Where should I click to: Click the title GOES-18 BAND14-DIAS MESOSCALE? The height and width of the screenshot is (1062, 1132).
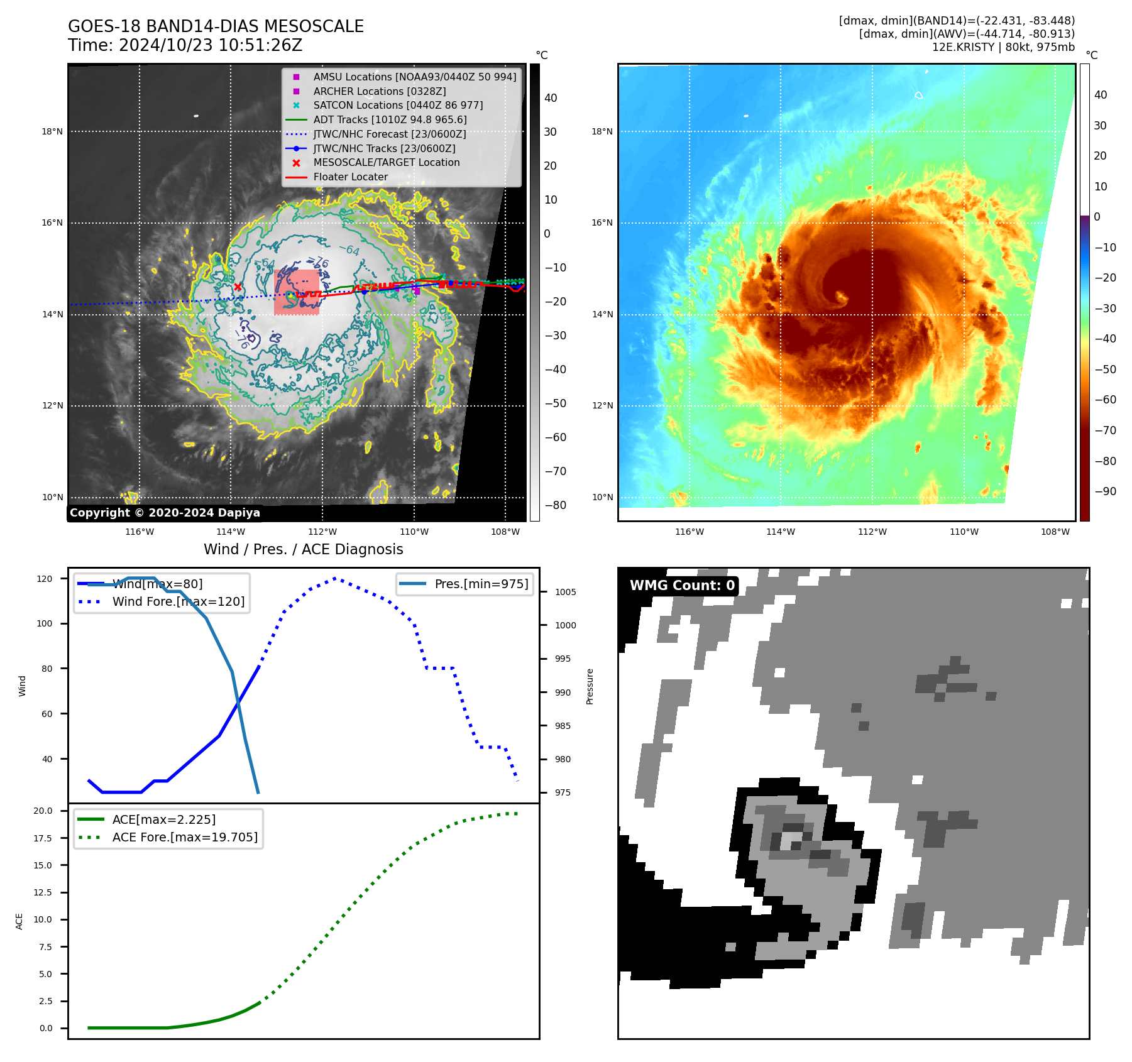pos(216,26)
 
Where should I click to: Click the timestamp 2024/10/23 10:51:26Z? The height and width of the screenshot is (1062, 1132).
pos(210,45)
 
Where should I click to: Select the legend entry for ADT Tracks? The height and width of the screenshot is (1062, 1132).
pos(390,119)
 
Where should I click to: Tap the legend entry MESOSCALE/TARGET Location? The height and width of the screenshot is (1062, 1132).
pos(386,162)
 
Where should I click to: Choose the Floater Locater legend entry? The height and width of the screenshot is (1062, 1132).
pos(350,177)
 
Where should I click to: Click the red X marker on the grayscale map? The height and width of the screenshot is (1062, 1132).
pos(238,287)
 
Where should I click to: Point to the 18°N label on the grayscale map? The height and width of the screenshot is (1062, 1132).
pos(52,131)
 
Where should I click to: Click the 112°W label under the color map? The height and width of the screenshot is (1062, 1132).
pos(872,532)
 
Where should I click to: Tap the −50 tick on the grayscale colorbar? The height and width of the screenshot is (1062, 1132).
pos(555,403)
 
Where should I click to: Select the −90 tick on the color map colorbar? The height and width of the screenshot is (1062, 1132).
pos(1105,491)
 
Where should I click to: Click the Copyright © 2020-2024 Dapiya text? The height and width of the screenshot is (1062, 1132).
pos(165,513)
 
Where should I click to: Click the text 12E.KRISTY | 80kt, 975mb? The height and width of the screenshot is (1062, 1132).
pos(1003,47)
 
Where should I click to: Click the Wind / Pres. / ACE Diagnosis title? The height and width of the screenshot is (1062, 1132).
pos(303,549)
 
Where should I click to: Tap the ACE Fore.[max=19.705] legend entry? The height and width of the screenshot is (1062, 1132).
pos(185,837)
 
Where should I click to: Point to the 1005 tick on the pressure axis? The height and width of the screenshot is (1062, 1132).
pos(565,592)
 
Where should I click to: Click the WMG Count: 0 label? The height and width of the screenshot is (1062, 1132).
pos(682,586)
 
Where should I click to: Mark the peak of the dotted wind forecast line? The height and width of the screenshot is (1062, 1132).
pos(334,578)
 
